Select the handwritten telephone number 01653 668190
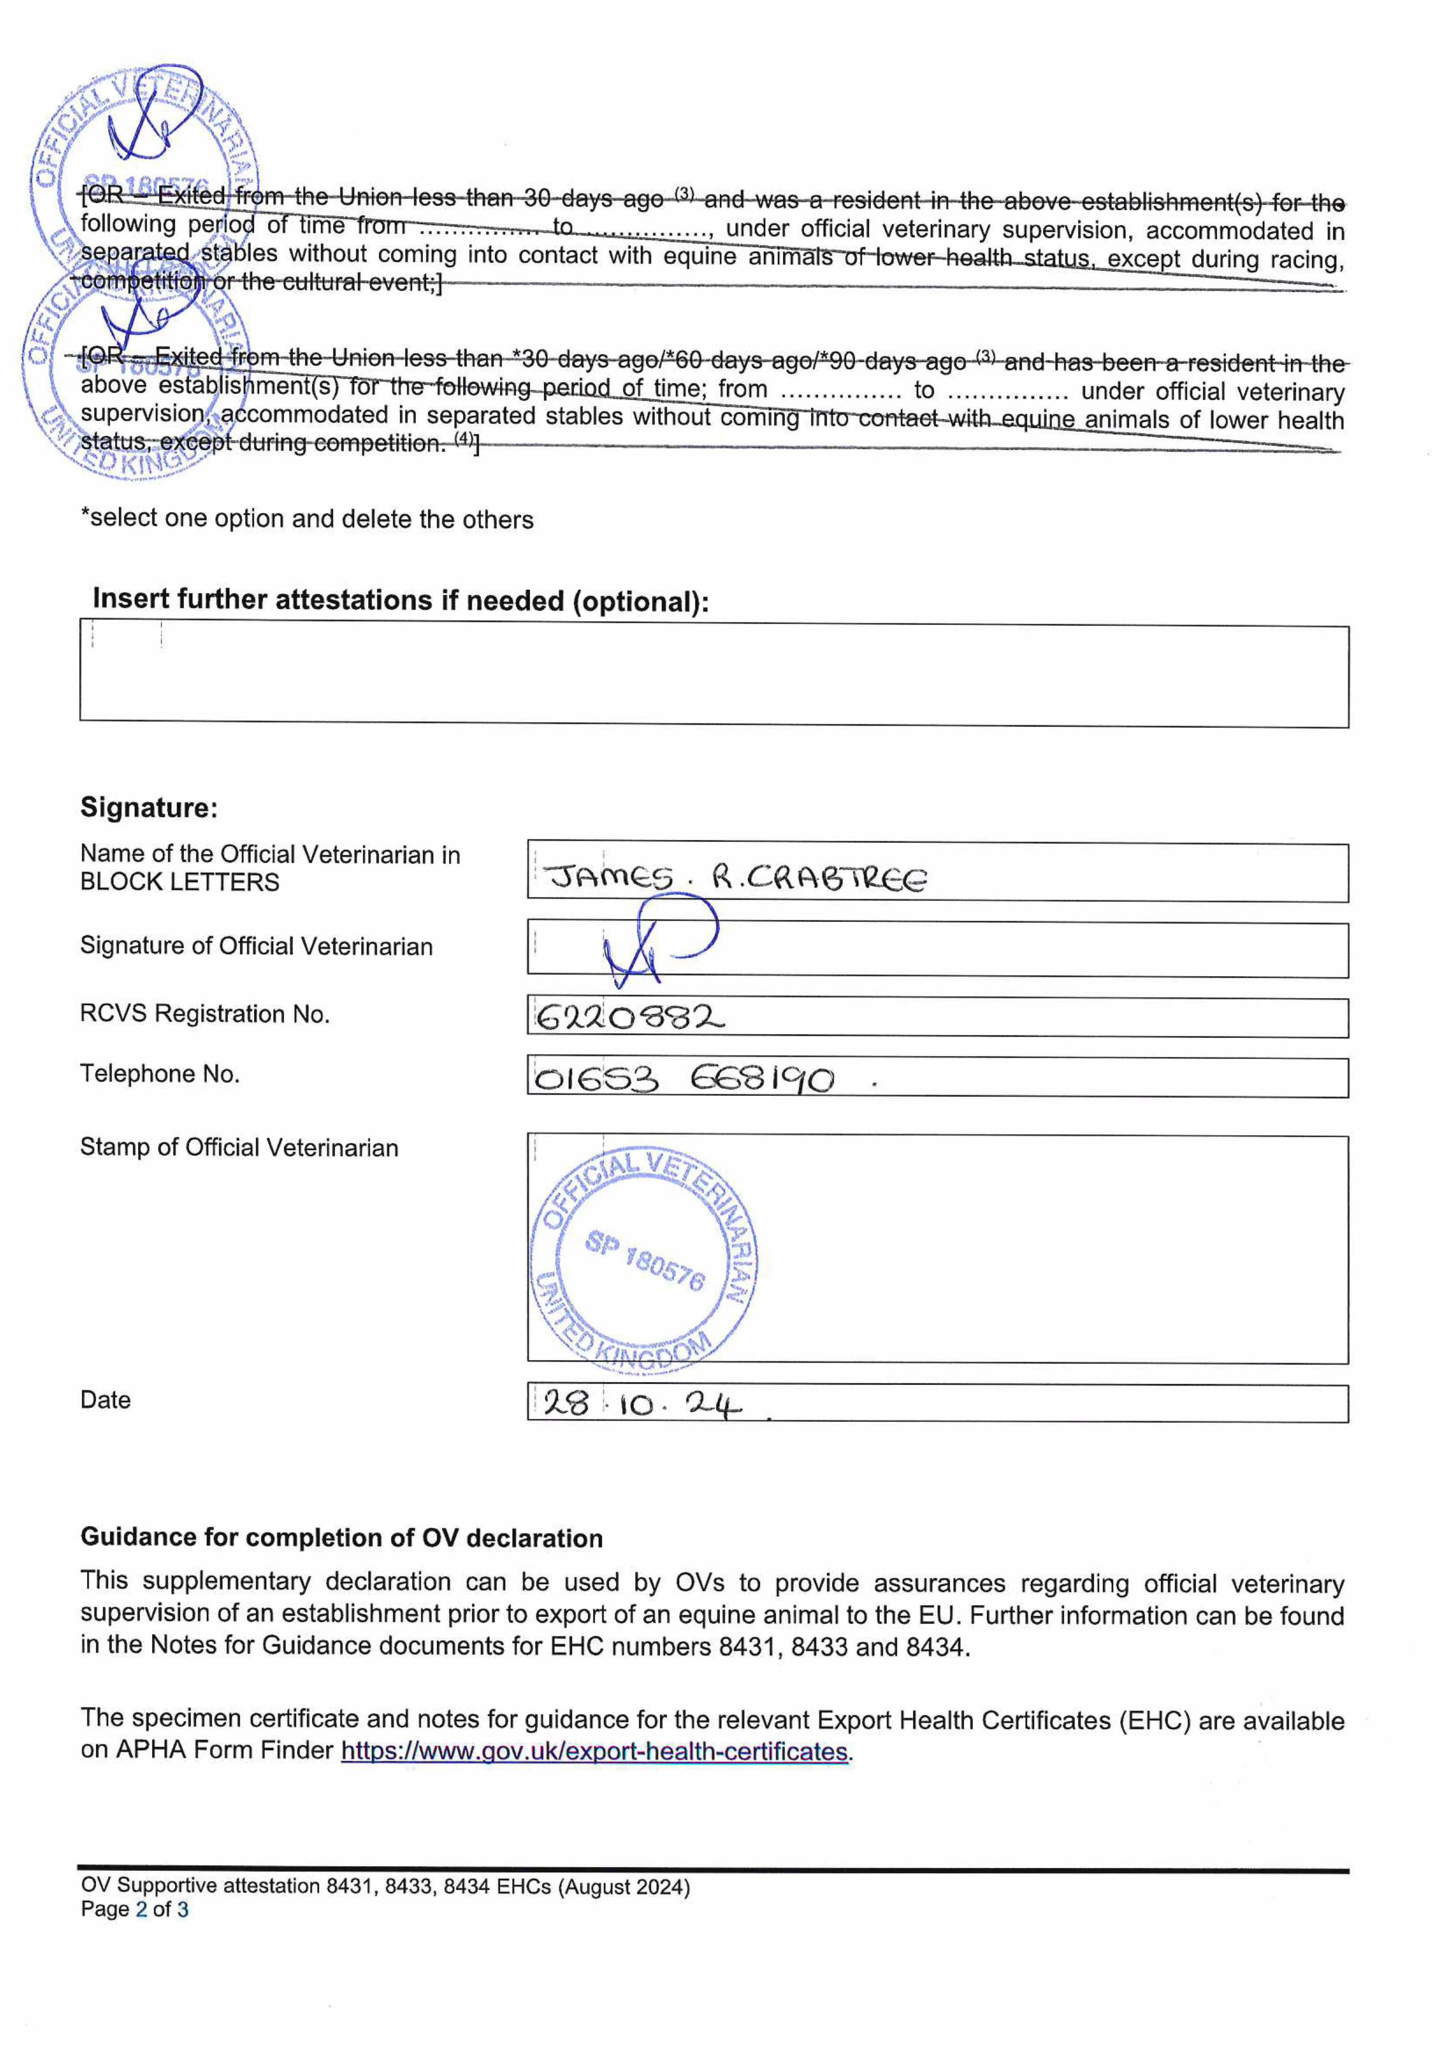683,1079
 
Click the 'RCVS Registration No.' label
205,1014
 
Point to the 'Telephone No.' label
160,1074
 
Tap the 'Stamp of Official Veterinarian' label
239,1148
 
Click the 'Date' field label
105,1400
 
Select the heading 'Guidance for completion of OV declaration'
341,1537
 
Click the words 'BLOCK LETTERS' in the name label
180,883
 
